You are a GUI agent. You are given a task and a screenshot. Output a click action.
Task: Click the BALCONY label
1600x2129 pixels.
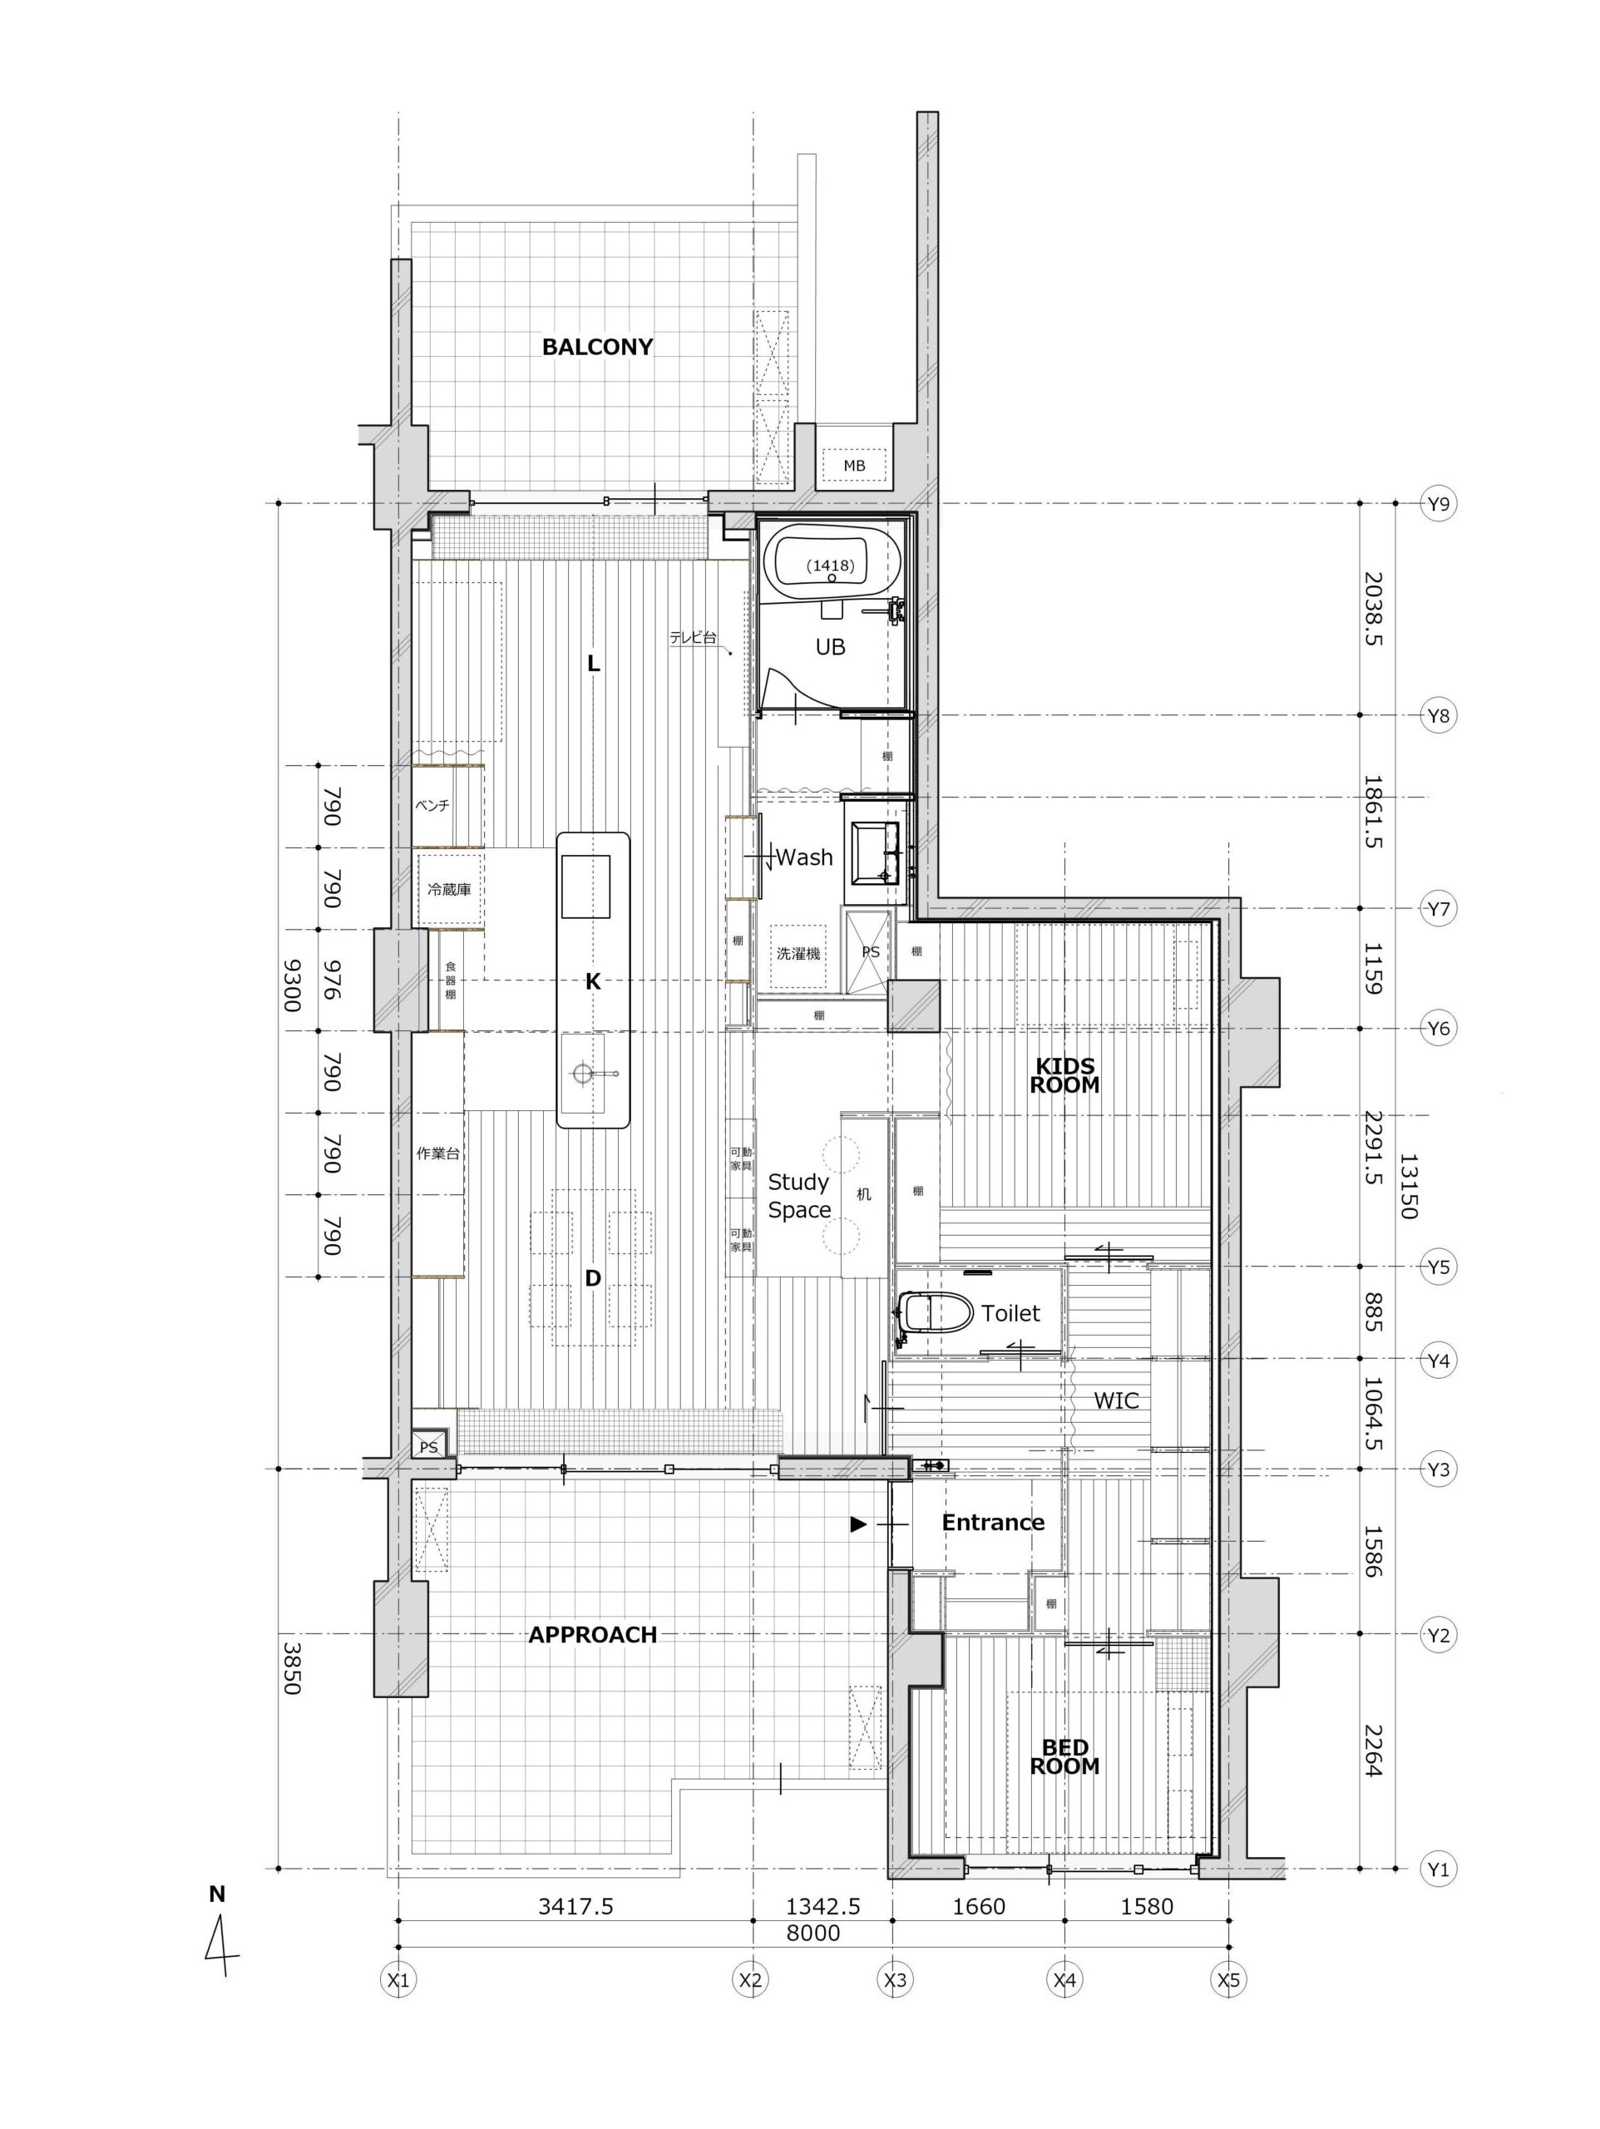click(x=597, y=347)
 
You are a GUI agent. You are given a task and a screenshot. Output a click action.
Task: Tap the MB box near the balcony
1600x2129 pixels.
click(x=854, y=467)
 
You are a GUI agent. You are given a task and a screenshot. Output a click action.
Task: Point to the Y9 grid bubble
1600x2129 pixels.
click(x=1437, y=502)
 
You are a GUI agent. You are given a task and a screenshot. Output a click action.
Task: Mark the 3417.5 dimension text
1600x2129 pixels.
click(x=575, y=1906)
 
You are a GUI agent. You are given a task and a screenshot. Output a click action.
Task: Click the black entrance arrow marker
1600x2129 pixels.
click(x=857, y=1524)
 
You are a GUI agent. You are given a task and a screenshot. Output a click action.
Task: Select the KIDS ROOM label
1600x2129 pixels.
click(x=1064, y=1075)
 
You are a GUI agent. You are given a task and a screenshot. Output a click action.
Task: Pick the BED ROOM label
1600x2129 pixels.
click(x=1064, y=1756)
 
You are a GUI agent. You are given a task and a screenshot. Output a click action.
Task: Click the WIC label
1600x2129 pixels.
click(x=1116, y=1400)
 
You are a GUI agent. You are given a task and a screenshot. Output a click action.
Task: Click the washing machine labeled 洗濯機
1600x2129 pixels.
click(x=798, y=954)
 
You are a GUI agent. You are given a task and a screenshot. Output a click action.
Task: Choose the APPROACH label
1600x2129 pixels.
click(x=592, y=1634)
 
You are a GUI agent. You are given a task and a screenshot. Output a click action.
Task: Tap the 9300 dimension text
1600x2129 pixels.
click(x=289, y=985)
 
